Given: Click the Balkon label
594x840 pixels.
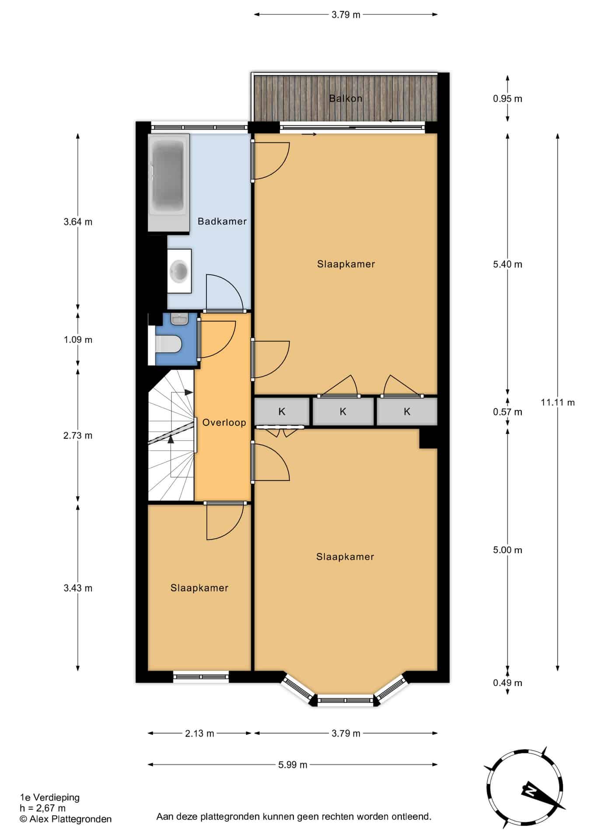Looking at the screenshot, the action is point(346,98).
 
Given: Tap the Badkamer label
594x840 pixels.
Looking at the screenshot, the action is point(222,221).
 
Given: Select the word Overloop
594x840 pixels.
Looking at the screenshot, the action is point(224,423).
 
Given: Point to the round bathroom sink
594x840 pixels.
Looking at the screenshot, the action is point(179,271).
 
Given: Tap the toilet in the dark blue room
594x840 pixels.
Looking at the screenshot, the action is point(168,344).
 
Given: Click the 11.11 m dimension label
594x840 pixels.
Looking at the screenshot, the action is point(558,402).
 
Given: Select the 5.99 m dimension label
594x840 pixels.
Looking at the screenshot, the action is point(293,765).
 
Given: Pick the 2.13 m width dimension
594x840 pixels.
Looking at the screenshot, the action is point(199,733).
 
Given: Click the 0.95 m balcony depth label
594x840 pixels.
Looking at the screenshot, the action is point(507,99).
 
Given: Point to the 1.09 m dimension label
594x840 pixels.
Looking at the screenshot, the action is point(78,339).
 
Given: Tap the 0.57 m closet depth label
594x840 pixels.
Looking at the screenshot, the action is point(507,412).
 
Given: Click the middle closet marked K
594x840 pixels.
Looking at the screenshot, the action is point(343,411).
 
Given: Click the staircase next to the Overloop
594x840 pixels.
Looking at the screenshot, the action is point(171,435).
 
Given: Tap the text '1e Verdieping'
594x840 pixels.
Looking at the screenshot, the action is point(50,798).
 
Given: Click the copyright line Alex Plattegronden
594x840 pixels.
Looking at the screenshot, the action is point(66,819).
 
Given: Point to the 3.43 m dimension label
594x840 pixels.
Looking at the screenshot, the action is point(78,588).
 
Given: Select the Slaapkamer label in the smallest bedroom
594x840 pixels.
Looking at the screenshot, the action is point(199,588).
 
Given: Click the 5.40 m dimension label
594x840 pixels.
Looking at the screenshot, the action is point(507,264).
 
